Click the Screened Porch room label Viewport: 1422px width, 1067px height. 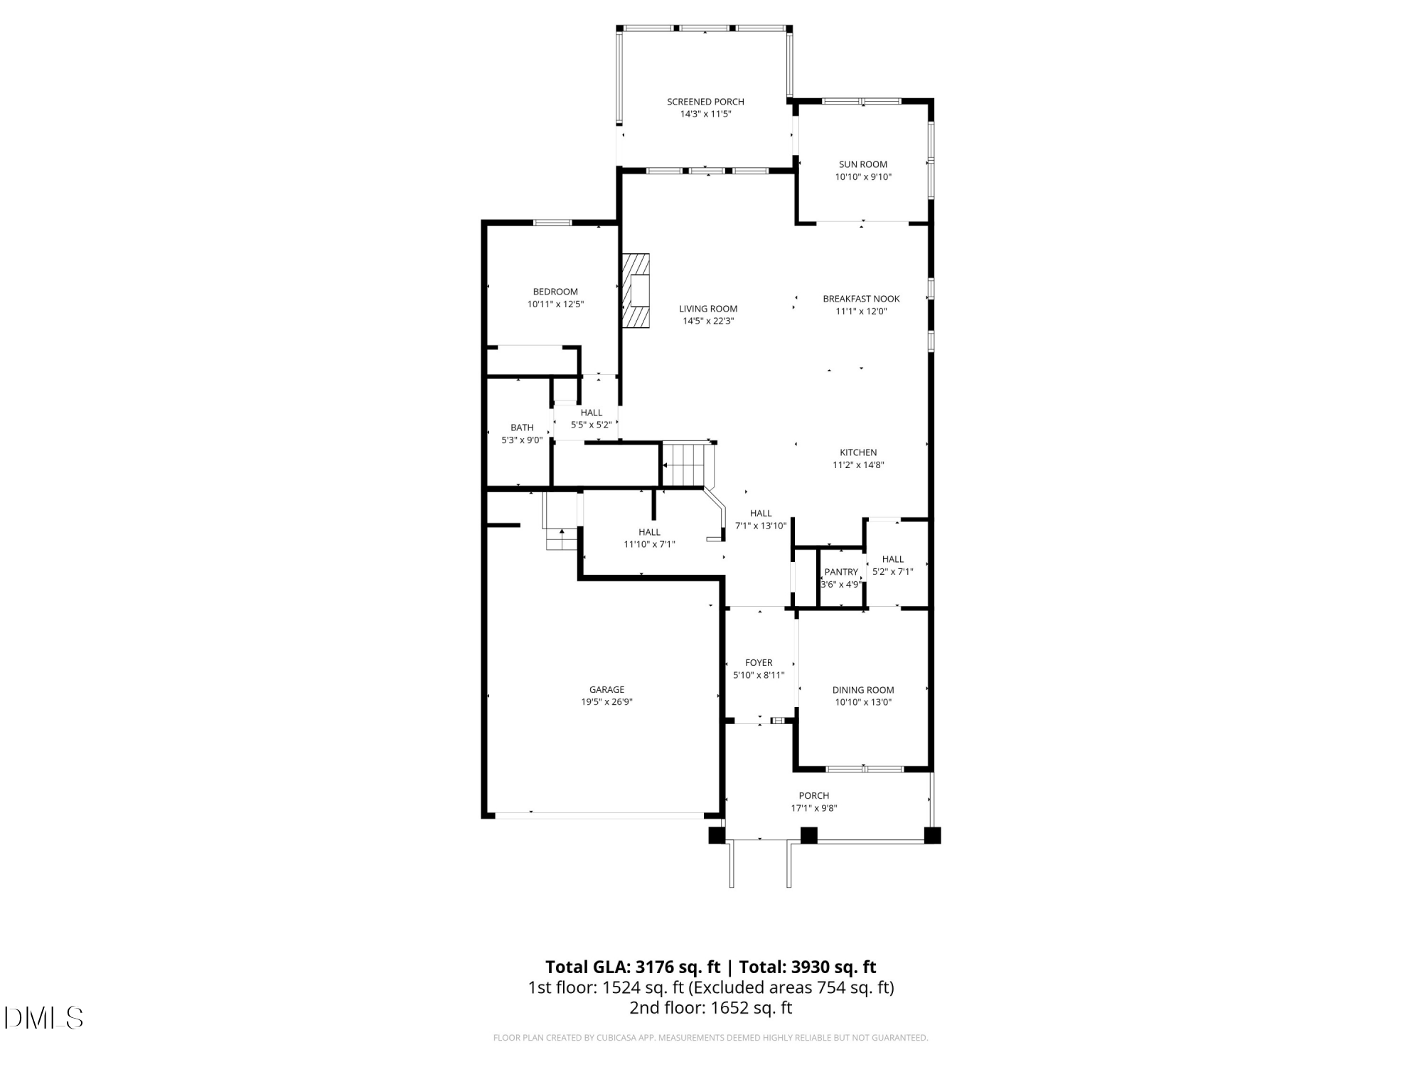point(705,102)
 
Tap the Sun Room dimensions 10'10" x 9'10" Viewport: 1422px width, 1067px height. point(862,177)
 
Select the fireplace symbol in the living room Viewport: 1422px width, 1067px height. point(637,291)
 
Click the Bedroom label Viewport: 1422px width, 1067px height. point(555,292)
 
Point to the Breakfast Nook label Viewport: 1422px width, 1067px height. point(861,299)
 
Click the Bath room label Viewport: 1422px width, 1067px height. point(522,428)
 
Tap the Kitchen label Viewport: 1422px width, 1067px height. point(858,452)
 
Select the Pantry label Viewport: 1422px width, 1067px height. point(841,572)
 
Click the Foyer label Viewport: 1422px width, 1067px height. point(759,662)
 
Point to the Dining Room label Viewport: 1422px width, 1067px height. point(863,689)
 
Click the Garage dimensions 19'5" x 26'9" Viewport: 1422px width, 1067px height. point(606,702)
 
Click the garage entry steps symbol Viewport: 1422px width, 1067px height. point(562,538)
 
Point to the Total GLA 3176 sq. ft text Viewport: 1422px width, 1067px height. point(632,967)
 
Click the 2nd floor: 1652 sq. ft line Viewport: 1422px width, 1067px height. point(710,1007)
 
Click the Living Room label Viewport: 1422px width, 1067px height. point(708,309)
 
